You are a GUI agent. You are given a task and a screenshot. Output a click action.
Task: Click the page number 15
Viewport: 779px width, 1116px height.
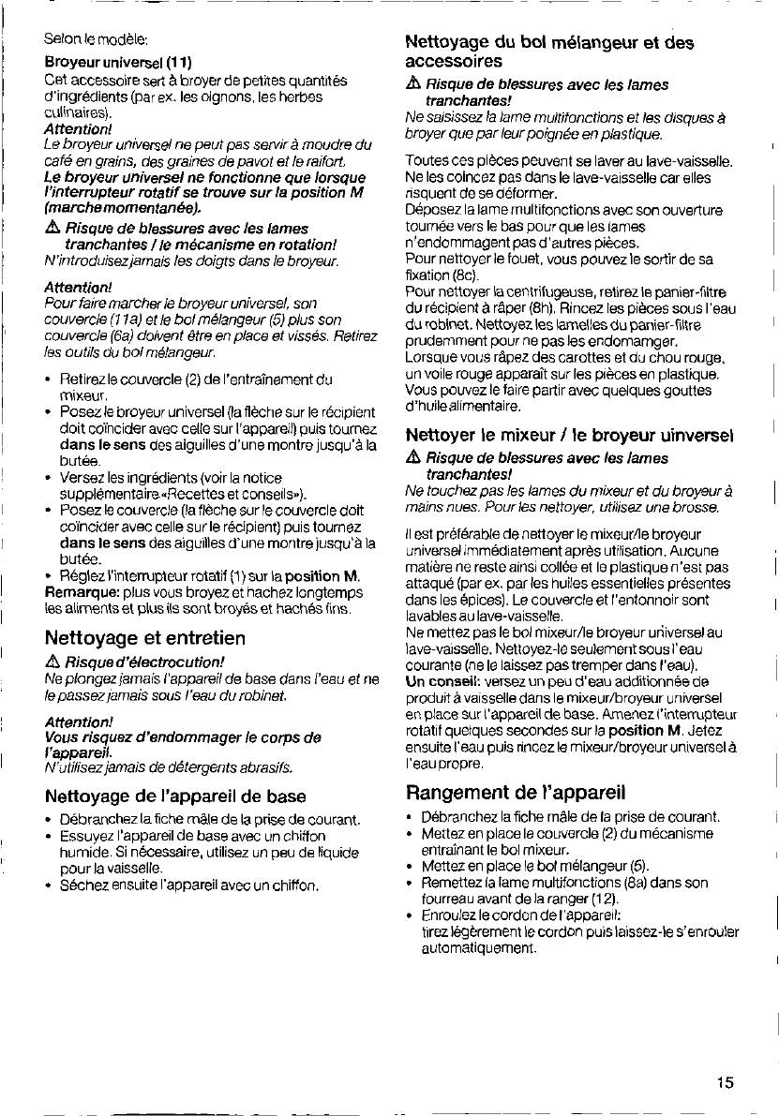[725, 1082]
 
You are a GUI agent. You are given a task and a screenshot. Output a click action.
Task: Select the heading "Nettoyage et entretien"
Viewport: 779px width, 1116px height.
[144, 638]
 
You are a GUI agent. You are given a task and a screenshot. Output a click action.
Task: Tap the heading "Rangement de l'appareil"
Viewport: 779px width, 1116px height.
[515, 792]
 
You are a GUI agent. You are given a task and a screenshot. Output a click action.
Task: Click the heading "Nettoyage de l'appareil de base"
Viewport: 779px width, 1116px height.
[175, 796]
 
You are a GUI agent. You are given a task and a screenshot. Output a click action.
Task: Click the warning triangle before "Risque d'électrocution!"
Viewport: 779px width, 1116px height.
[52, 662]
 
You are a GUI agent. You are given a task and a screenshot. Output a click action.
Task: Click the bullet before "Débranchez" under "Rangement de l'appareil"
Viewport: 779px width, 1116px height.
[411, 818]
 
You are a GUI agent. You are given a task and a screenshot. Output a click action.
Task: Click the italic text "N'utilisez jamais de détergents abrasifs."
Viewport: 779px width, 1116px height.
[155, 767]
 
